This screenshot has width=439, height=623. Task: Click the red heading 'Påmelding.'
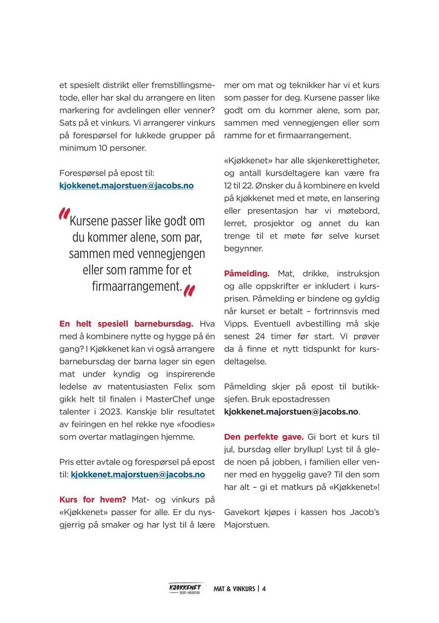coord(246,273)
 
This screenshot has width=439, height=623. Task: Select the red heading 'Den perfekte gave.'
coord(264,437)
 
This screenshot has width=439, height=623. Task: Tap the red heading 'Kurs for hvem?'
coord(93,500)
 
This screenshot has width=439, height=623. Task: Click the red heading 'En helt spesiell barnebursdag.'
coord(126,324)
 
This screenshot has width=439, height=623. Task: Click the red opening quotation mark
coord(64,214)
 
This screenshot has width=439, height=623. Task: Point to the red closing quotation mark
coord(189,290)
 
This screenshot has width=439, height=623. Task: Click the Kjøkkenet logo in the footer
coord(185,588)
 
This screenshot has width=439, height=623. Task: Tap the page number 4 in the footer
coord(264,589)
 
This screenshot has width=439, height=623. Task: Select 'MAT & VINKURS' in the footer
coord(234,589)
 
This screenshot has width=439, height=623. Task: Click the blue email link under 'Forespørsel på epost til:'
coord(126,186)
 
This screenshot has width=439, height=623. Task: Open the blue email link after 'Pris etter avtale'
coord(138,474)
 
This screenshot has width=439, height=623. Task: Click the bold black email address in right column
coord(291,412)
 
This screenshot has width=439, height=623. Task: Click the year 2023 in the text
coord(111,412)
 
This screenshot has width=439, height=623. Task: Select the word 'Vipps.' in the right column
coord(236,324)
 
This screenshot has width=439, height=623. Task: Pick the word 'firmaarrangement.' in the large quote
coord(137,286)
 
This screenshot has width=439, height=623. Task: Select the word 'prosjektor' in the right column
coord(274,223)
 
